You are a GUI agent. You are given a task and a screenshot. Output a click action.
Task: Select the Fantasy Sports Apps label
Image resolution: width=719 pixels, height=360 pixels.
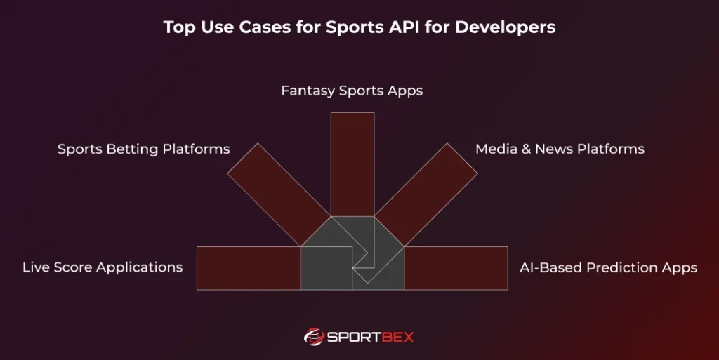[352, 91]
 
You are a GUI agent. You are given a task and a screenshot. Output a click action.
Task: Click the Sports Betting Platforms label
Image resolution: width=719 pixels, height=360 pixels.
[143, 149]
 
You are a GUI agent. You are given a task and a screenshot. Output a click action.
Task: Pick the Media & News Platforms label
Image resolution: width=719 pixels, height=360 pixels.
[560, 149]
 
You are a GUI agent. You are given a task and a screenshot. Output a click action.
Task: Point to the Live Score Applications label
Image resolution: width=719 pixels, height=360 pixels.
[103, 267]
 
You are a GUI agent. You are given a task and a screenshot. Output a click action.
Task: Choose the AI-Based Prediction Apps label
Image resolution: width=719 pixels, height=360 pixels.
[608, 268]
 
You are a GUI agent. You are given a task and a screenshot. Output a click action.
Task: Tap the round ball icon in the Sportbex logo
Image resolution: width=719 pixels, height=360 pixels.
[314, 338]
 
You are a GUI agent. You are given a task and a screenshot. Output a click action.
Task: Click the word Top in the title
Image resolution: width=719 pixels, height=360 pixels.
[177, 27]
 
